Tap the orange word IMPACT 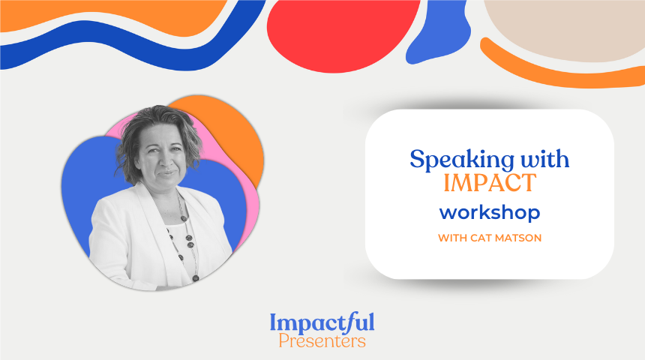pyautogui.click(x=490, y=183)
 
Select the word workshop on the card pyautogui.click(x=490, y=212)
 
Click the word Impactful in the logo pyautogui.click(x=322, y=323)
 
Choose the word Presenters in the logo pyautogui.click(x=322, y=341)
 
